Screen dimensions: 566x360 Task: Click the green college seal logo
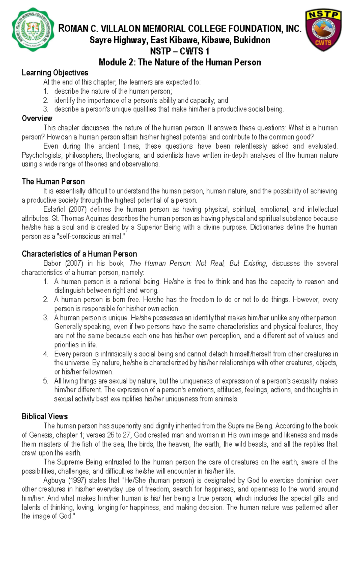coord(33,29)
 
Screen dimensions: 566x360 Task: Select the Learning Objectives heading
coord(55,73)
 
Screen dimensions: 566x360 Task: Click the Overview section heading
coord(37,118)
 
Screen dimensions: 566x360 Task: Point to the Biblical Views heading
coord(45,416)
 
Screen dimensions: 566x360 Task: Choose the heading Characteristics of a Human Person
coord(79,254)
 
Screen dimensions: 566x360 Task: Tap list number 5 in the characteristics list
coord(46,381)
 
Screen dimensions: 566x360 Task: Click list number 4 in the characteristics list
coord(46,354)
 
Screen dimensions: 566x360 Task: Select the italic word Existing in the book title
coord(255,263)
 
